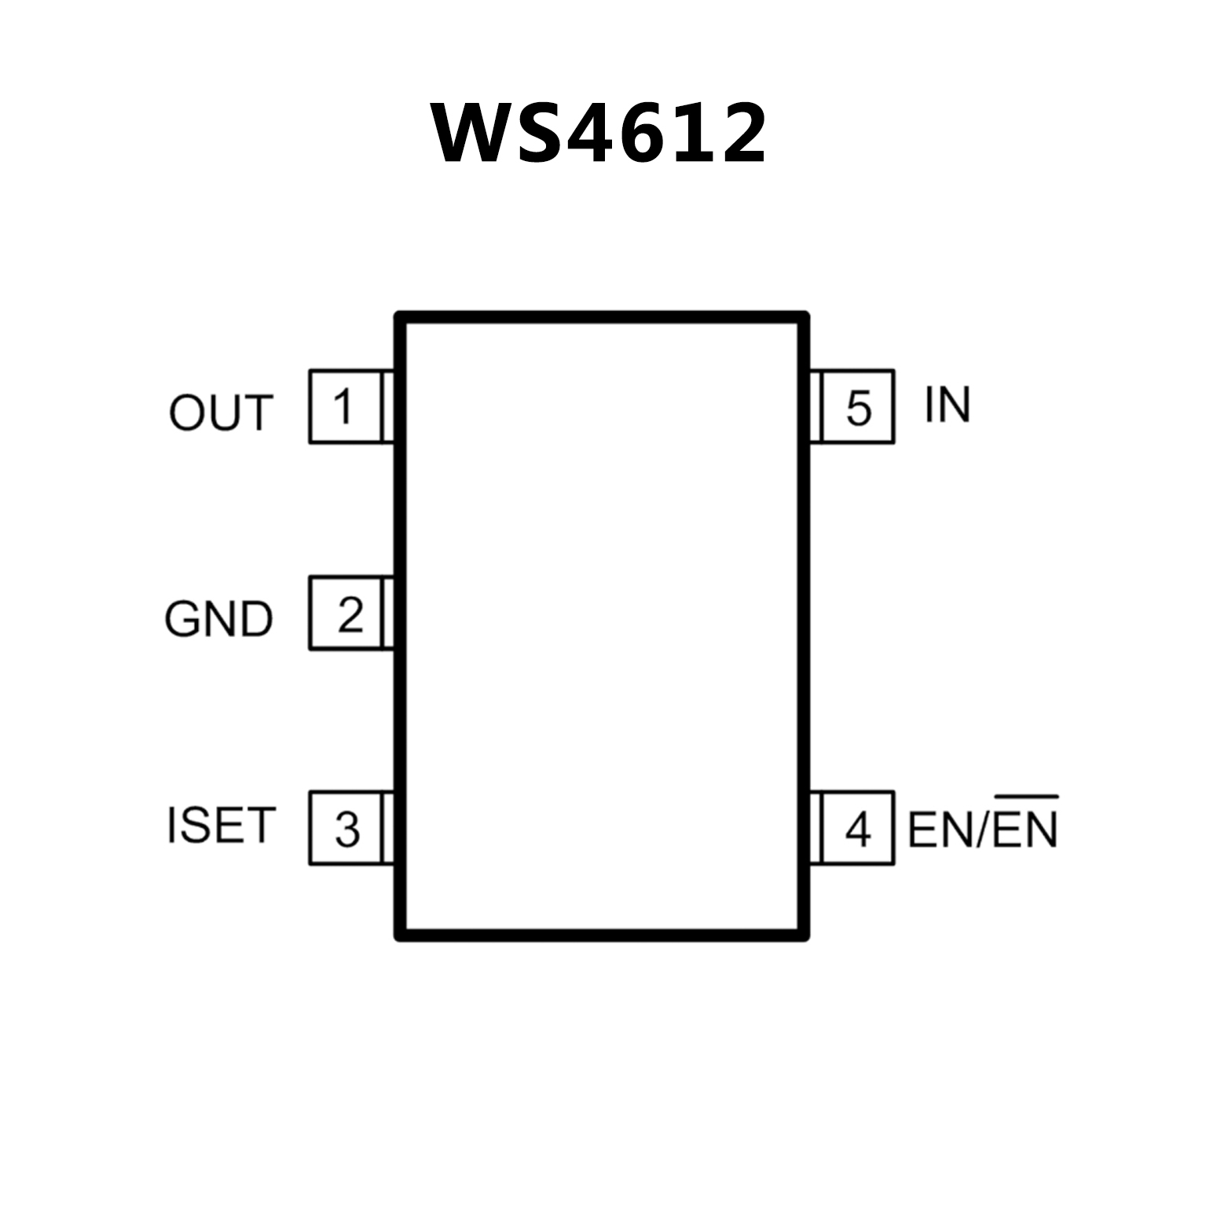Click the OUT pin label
click(x=221, y=412)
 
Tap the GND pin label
click(x=218, y=619)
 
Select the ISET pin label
click(x=221, y=826)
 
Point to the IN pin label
click(x=947, y=405)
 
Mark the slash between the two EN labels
click(x=981, y=830)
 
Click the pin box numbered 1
click(x=345, y=406)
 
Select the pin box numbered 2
click(x=346, y=614)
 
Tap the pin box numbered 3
click(x=346, y=828)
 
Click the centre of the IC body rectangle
click(x=603, y=626)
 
